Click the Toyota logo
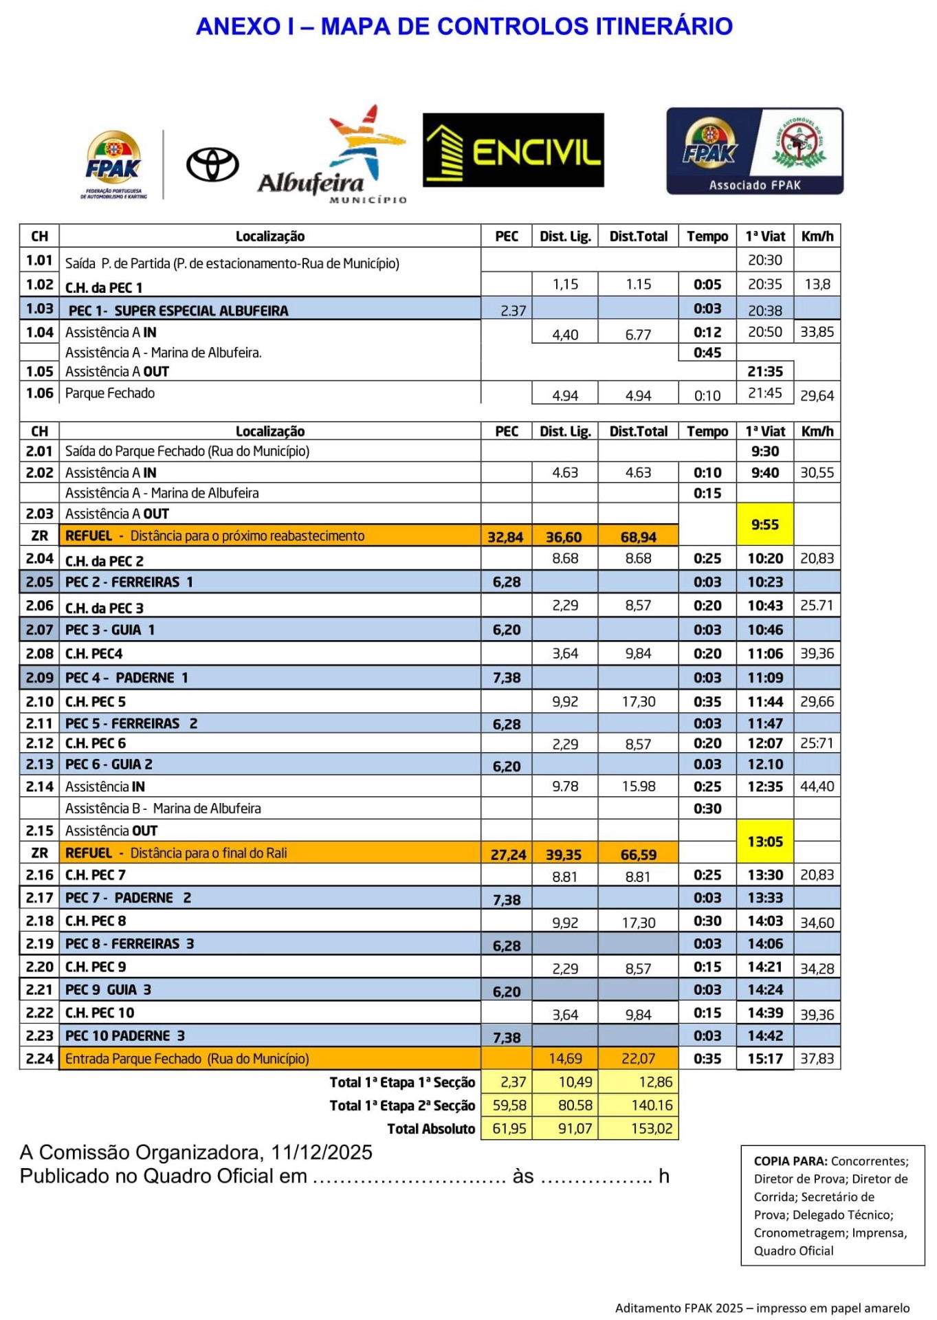tap(212, 165)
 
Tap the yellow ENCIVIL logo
tap(513, 151)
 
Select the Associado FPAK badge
tap(754, 151)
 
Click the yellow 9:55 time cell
tap(764, 525)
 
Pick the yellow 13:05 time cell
tap(764, 841)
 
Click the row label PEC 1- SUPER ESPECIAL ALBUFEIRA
tap(178, 310)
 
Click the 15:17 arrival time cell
tap(764, 1058)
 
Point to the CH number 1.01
tap(39, 260)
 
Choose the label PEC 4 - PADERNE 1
tap(126, 678)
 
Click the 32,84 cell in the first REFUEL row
tap(505, 537)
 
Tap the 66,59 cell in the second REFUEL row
tap(638, 855)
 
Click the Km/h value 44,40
tap(817, 786)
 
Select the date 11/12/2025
tap(322, 1152)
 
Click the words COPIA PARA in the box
tap(790, 1161)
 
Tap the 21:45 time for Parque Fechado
tap(764, 393)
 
